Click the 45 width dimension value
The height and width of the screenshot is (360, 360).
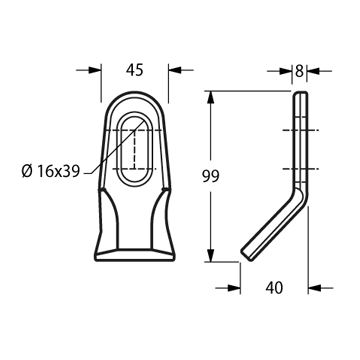[x=135, y=70]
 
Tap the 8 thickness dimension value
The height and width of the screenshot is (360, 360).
[x=299, y=71]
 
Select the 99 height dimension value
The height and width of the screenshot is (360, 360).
[x=211, y=176]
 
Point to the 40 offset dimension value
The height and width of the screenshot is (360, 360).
[x=274, y=288]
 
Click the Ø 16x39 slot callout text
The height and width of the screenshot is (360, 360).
[x=51, y=172]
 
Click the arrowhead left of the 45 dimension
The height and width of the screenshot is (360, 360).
[x=95, y=70]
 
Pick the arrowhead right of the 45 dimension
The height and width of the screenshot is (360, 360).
[x=175, y=70]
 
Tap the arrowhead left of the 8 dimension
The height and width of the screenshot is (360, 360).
[x=286, y=71]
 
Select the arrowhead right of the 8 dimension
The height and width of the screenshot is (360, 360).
[x=313, y=71]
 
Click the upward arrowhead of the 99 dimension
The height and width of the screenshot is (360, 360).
[x=210, y=97]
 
